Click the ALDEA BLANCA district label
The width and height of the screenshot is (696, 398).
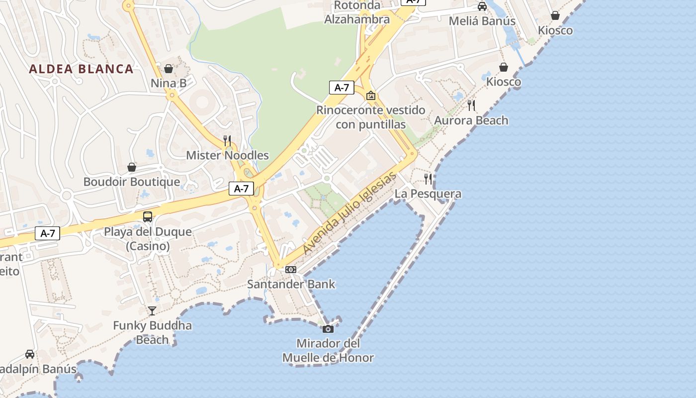pyautogui.click(x=81, y=69)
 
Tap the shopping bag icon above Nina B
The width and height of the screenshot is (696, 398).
pyautogui.click(x=169, y=68)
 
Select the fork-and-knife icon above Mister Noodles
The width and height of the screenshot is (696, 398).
pyautogui.click(x=227, y=140)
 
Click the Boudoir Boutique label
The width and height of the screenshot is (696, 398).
pyautogui.click(x=132, y=182)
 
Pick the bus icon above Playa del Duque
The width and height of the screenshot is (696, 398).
pyautogui.click(x=148, y=216)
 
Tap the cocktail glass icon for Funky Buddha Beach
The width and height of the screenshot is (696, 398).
pyautogui.click(x=152, y=311)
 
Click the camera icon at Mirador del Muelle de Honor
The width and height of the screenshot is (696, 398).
pyautogui.click(x=328, y=329)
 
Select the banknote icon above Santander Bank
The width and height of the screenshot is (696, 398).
pyautogui.click(x=291, y=270)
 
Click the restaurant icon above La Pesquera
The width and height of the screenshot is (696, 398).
pyautogui.click(x=428, y=179)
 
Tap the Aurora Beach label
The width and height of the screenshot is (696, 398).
pyautogui.click(x=471, y=120)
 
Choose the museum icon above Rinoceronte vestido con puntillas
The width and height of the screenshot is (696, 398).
pyautogui.click(x=370, y=95)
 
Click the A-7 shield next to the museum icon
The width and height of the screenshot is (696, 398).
pyautogui.click(x=342, y=88)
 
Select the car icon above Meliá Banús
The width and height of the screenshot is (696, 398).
pyautogui.click(x=482, y=6)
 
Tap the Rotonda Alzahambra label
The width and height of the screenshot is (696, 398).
pyautogui.click(x=357, y=12)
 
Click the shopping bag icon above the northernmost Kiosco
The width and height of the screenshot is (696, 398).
pyautogui.click(x=555, y=16)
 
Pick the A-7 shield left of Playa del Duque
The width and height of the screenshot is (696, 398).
pyautogui.click(x=47, y=233)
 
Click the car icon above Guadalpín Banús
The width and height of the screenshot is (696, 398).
pyautogui.click(x=30, y=354)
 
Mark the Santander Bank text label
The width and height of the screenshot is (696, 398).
pyautogui.click(x=291, y=284)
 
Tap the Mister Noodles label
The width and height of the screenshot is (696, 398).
pyautogui.click(x=227, y=155)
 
